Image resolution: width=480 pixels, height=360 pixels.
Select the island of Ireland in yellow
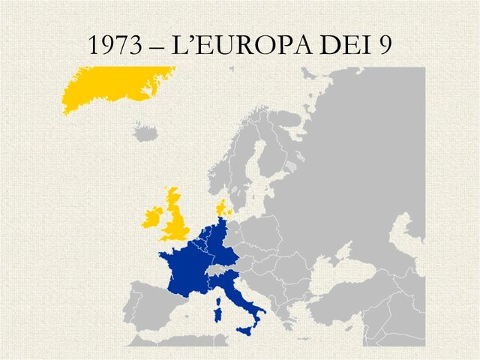(153, 217)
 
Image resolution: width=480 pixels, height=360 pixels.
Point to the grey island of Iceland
(146, 133)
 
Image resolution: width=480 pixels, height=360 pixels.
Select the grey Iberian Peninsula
(150, 307)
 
